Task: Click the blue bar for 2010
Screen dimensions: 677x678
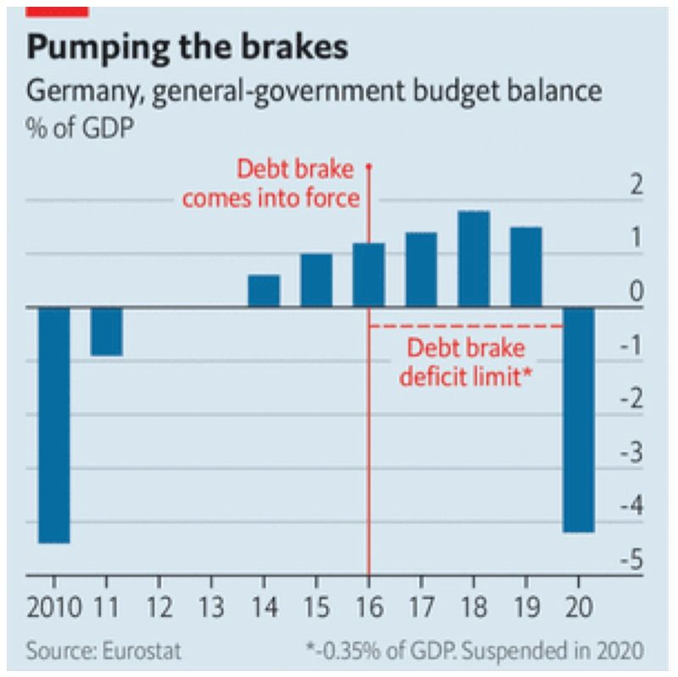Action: pos(54,424)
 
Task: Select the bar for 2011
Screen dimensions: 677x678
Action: pos(107,331)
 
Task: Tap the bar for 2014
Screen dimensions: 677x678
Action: pos(264,291)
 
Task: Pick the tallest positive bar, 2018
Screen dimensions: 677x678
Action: pos(474,258)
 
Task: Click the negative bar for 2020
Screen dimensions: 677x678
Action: pos(579,419)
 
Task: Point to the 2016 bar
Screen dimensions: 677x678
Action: pos(369,275)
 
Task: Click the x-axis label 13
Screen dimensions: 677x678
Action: pos(211,608)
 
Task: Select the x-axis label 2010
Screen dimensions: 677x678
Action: pos(54,608)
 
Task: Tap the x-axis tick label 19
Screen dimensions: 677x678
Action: pos(526,608)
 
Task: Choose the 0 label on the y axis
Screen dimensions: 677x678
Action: pos(636,293)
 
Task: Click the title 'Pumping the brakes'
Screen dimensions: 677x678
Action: pos(187,47)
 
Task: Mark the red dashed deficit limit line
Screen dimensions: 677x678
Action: pos(466,325)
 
